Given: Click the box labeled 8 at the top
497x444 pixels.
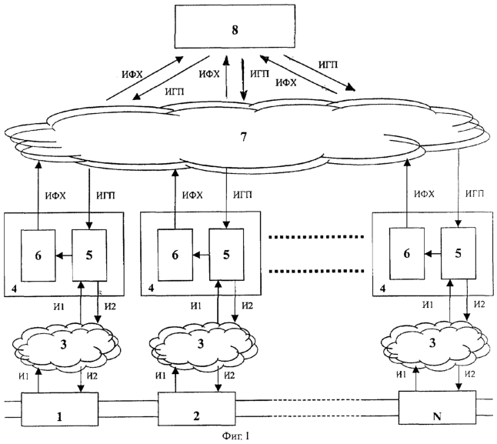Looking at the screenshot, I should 235,31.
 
